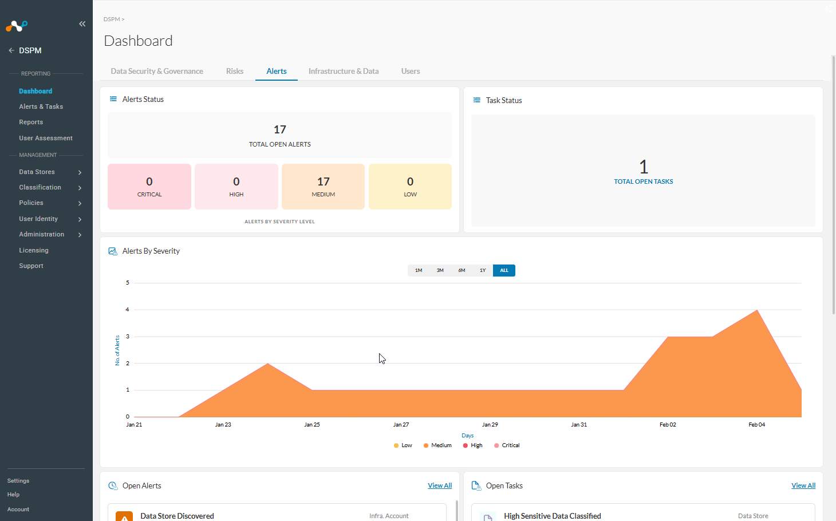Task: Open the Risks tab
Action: pyautogui.click(x=234, y=71)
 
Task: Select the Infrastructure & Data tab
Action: pyautogui.click(x=344, y=71)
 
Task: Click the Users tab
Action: pyautogui.click(x=410, y=71)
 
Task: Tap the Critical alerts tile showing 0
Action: pyautogui.click(x=149, y=186)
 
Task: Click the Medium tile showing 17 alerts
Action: pyautogui.click(x=323, y=186)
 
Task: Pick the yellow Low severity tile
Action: pyautogui.click(x=410, y=186)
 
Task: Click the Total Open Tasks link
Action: pyautogui.click(x=644, y=181)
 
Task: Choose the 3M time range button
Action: pyautogui.click(x=440, y=270)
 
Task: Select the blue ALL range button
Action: pyautogui.click(x=504, y=270)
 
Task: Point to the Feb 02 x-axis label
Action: pyautogui.click(x=668, y=424)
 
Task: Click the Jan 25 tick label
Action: pyautogui.click(x=312, y=424)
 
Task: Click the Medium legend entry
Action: pyautogui.click(x=437, y=445)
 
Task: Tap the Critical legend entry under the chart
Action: pyautogui.click(x=507, y=445)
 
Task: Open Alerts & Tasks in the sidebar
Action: pyautogui.click(x=41, y=106)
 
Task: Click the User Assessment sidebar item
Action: pyautogui.click(x=46, y=138)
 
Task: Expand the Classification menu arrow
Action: pyautogui.click(x=80, y=188)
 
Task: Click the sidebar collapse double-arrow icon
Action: pyautogui.click(x=82, y=24)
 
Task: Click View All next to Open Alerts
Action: pyautogui.click(x=440, y=485)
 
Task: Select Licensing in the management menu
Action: pyautogui.click(x=34, y=250)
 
